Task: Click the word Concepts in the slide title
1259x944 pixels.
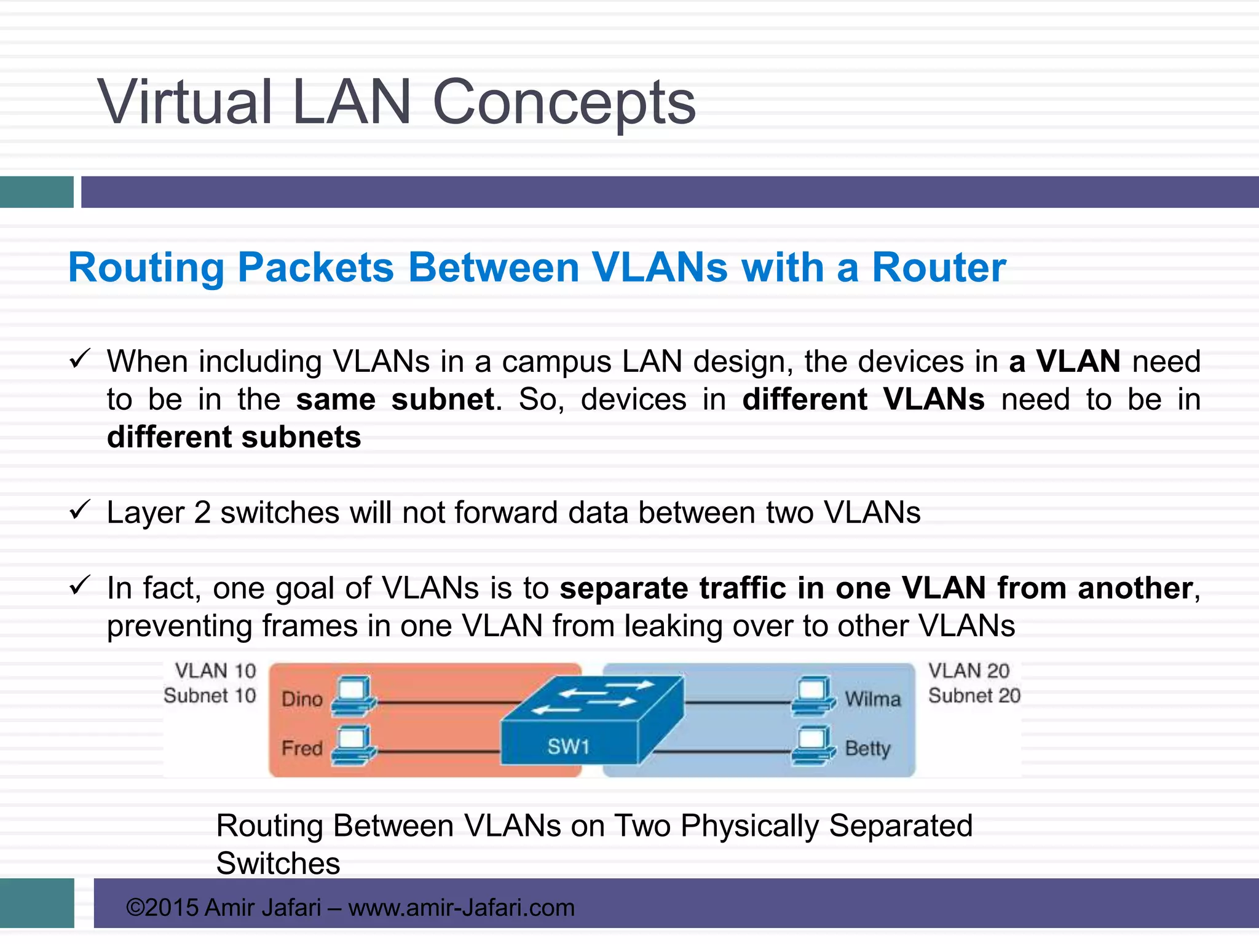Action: click(564, 103)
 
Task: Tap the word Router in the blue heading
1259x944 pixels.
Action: click(939, 268)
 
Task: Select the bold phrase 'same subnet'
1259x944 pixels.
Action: click(395, 400)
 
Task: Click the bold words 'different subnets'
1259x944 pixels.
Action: click(234, 438)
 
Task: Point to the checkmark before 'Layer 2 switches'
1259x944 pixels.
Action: click(80, 509)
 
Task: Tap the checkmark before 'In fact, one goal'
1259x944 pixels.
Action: click(80, 585)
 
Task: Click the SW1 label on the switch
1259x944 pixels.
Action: click(568, 747)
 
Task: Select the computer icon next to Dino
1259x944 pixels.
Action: click(353, 696)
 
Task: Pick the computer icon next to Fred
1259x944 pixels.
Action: click(353, 745)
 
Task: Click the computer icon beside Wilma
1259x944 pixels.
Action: click(813, 696)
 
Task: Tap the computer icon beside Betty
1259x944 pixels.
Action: click(813, 745)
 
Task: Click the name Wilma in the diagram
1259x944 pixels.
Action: click(872, 699)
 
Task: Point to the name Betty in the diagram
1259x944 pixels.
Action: click(867, 749)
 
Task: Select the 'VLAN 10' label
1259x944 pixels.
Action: click(215, 671)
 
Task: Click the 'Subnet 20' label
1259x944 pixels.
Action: click(974, 696)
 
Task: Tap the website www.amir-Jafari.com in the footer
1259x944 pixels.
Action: click(461, 908)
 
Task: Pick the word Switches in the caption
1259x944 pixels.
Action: click(278, 863)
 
